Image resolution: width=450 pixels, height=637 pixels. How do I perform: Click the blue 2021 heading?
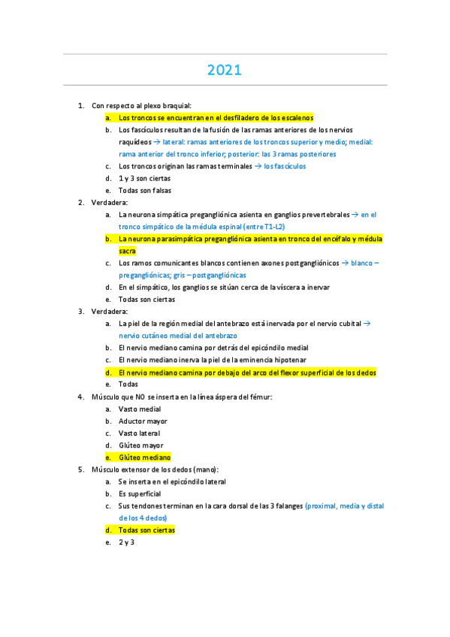(225, 71)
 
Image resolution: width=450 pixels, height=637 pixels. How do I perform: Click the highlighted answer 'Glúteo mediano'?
(144, 457)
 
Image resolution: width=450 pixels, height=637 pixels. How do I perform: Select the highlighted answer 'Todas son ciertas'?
(146, 530)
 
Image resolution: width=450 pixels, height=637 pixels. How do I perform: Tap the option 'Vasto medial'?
(140, 409)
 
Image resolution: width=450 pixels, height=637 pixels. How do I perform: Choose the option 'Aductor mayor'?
(143, 421)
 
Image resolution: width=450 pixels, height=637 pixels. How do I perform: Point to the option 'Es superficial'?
(140, 494)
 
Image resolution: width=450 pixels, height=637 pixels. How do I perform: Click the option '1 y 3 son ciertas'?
(144, 178)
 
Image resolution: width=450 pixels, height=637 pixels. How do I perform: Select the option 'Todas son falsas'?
(145, 190)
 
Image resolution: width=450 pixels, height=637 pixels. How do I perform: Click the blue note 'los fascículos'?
(285, 166)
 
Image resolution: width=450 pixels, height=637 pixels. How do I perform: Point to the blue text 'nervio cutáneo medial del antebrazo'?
(178, 336)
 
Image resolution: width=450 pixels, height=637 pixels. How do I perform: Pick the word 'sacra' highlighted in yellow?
(127, 251)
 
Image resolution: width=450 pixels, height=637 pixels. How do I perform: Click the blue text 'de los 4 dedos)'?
(143, 518)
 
